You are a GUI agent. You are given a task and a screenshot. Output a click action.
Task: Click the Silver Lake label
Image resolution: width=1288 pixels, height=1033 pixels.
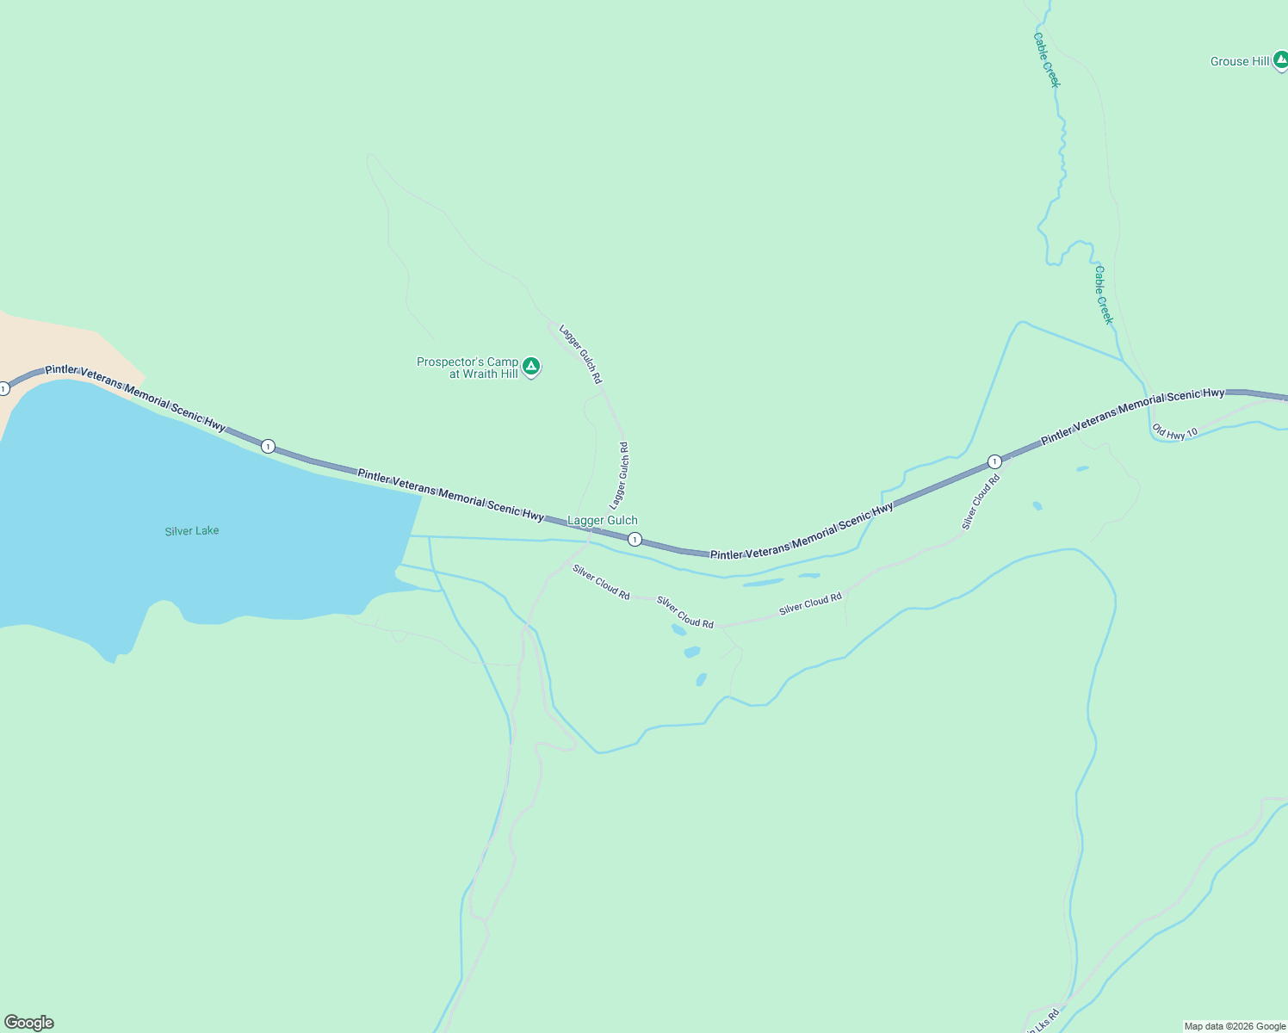(x=192, y=531)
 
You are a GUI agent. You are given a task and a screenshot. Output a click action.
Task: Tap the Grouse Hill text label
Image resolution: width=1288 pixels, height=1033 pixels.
(x=1240, y=61)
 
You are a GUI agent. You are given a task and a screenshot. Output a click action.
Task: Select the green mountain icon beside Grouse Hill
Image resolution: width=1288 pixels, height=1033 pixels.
(x=1280, y=60)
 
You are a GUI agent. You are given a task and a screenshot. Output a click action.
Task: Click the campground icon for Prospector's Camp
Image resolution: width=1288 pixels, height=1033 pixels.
(x=532, y=367)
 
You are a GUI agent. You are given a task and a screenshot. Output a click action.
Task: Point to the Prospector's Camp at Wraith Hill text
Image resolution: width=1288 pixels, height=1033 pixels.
(x=468, y=368)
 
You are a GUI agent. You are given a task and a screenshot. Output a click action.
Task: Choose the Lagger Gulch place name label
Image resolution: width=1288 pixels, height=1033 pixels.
(x=603, y=520)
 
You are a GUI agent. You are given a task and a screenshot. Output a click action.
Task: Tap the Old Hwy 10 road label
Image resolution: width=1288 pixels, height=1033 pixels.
(x=1174, y=432)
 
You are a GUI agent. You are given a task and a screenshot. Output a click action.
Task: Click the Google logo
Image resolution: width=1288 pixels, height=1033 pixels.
(x=29, y=1023)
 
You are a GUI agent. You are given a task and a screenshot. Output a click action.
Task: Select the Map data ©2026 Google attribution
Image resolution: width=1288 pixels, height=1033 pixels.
(x=1235, y=1026)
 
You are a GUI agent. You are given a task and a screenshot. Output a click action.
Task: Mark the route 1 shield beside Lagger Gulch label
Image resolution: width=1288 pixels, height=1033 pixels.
(x=635, y=540)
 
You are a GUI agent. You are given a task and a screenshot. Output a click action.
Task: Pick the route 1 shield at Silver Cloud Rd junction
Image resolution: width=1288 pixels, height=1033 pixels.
(x=994, y=461)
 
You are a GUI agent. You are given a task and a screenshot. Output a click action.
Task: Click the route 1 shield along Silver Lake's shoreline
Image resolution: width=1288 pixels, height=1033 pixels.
(x=269, y=446)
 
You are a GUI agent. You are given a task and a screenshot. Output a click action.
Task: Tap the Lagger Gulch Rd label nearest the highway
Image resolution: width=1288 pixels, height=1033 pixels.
(x=619, y=475)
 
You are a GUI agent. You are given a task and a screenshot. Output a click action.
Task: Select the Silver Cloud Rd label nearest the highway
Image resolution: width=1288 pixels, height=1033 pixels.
(x=981, y=502)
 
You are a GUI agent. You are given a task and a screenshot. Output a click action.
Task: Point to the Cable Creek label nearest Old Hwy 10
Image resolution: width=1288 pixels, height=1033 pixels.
(x=1103, y=294)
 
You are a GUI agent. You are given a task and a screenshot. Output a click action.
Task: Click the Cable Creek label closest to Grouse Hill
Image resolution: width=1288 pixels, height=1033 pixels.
(x=1046, y=59)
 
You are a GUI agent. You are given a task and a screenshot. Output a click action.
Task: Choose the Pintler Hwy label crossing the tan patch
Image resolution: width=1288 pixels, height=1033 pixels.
(x=135, y=397)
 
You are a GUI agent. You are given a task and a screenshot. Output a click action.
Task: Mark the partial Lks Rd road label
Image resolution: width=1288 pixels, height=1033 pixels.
(x=1044, y=1018)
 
